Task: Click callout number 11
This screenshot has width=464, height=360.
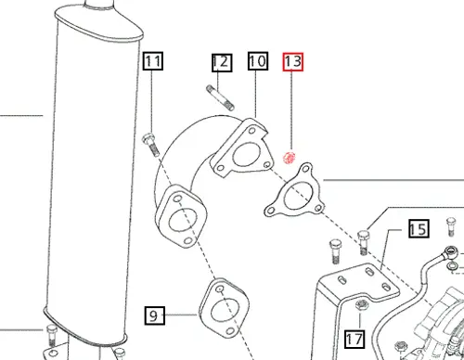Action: [x=153, y=63]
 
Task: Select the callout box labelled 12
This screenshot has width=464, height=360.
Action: [x=220, y=63]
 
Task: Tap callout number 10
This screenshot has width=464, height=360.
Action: [x=257, y=63]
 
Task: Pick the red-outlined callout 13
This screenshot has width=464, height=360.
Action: [x=293, y=63]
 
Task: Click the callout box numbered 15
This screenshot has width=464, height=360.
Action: [x=417, y=229]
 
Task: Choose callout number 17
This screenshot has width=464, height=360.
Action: [x=354, y=339]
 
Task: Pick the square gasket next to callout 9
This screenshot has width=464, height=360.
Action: [x=224, y=306]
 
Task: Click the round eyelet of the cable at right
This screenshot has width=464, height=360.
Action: [x=449, y=252]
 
